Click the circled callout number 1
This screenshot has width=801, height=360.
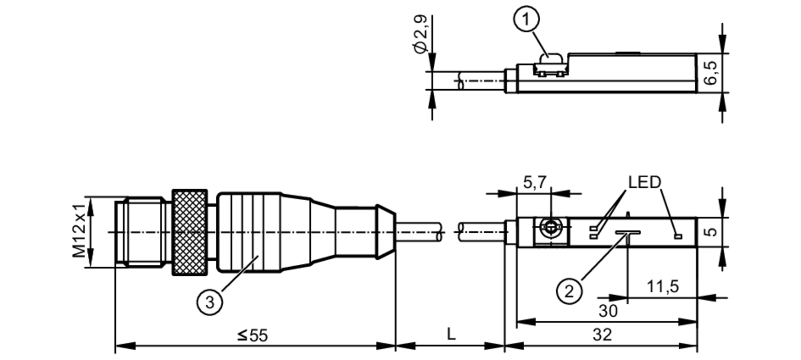click(x=527, y=19)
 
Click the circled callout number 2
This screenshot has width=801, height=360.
click(x=569, y=291)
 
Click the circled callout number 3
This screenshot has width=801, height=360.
click(x=209, y=302)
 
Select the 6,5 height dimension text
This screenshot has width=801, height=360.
click(x=712, y=72)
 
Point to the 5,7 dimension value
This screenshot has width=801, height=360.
click(x=535, y=182)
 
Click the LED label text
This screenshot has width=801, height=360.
click(x=644, y=182)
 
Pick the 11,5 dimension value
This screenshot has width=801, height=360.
click(x=663, y=287)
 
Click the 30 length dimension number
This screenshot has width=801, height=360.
click(x=608, y=311)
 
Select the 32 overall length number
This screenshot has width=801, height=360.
click(x=602, y=334)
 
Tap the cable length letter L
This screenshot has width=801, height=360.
click(x=451, y=334)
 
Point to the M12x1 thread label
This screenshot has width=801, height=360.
click(x=79, y=231)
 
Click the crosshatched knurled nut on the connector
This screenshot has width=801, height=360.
click(x=190, y=233)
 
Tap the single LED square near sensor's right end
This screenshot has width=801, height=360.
click(x=678, y=236)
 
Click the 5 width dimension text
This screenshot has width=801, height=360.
click(x=712, y=232)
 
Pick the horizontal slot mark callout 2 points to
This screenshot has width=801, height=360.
click(x=628, y=232)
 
